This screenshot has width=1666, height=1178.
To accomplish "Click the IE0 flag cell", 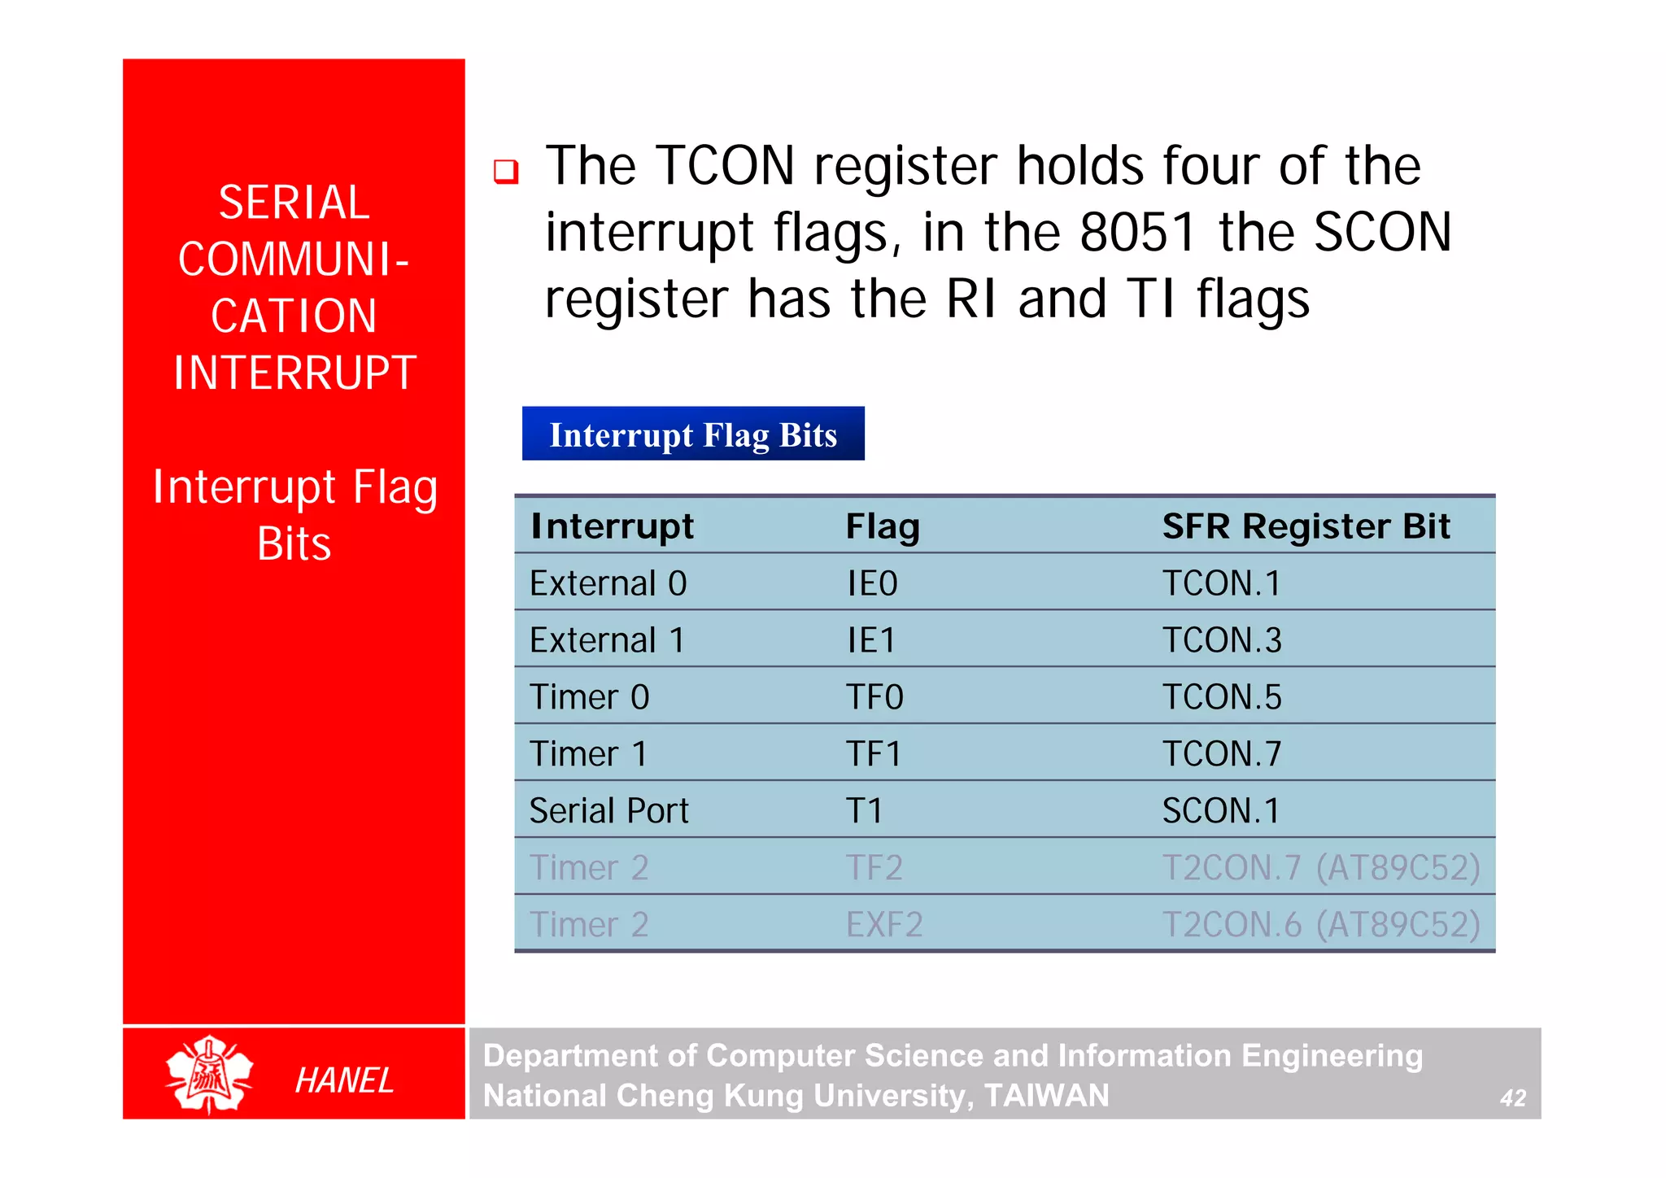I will click(872, 583).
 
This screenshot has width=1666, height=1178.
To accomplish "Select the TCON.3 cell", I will click(1221, 640).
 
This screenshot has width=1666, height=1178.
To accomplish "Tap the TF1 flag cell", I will click(873, 754).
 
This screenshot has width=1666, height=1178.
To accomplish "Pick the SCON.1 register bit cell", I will click(1220, 811).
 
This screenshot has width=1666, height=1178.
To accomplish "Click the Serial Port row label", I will click(608, 811).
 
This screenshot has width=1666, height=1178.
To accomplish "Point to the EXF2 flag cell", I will click(884, 925).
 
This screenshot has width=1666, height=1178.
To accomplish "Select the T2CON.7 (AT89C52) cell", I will click(1320, 868).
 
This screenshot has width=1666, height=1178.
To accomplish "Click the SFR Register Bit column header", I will click(1306, 526).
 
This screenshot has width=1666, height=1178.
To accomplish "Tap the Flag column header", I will click(883, 527).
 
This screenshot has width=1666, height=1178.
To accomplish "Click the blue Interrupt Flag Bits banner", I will click(693, 434).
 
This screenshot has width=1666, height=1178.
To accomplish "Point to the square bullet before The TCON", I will click(506, 171).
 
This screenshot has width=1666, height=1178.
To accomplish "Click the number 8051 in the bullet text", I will click(1137, 233).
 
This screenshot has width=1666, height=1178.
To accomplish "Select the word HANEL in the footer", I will click(344, 1080).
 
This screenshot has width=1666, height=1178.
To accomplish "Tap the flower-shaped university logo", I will click(209, 1074).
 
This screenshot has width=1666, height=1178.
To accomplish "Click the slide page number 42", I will click(1512, 1098).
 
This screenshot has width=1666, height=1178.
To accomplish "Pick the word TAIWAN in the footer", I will click(1046, 1096).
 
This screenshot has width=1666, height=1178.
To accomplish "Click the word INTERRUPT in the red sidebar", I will click(294, 373).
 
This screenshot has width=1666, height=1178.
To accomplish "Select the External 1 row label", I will click(607, 640).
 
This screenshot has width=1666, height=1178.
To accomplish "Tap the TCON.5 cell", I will click(1221, 697).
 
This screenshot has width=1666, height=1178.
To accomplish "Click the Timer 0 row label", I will click(589, 697).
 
